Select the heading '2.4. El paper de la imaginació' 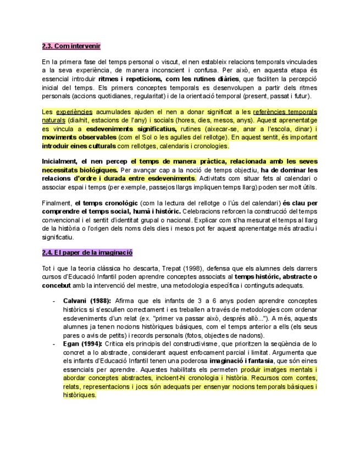87,253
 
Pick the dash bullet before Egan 53,343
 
